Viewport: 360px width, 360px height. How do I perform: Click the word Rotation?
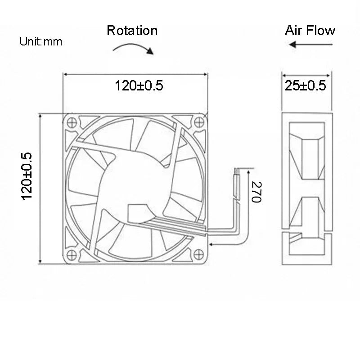[132, 31]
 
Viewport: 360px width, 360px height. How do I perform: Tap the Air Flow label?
[310, 31]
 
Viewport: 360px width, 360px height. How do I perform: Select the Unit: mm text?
[40, 42]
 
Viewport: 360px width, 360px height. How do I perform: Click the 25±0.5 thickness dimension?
[306, 85]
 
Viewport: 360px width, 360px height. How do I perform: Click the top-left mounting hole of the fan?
[71, 121]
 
